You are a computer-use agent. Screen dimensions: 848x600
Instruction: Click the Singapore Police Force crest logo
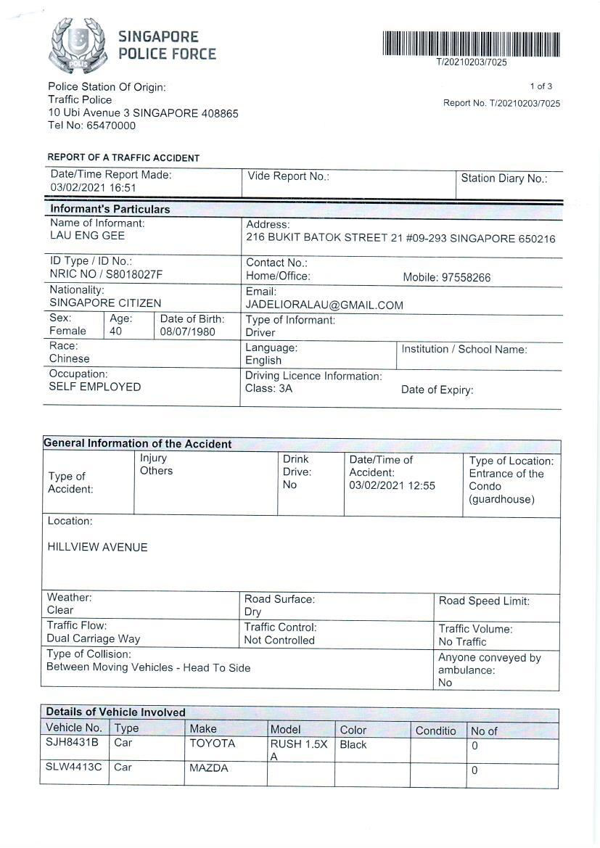(77, 45)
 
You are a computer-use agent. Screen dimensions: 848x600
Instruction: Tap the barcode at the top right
(471, 44)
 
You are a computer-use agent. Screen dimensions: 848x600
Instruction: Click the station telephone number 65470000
(111, 125)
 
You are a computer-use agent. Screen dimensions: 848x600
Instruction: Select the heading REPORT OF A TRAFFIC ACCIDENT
(123, 157)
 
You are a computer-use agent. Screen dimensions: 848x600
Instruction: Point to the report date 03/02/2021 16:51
(93, 188)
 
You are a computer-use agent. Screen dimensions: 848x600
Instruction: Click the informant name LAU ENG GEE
(87, 236)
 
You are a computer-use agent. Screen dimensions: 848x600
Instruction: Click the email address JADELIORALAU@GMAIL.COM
(324, 305)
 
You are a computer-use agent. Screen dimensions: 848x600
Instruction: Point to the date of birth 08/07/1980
(188, 332)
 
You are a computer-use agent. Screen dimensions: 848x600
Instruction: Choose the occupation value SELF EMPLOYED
(95, 387)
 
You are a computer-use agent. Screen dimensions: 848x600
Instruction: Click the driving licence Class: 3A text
(268, 390)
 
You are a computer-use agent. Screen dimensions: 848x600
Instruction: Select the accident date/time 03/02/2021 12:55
(392, 485)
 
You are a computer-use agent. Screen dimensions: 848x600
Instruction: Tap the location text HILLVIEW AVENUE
(97, 547)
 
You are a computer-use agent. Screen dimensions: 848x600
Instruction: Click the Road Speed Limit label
(484, 601)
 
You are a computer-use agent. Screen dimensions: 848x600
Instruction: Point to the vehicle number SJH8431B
(72, 744)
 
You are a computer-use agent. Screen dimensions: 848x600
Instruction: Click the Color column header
(353, 730)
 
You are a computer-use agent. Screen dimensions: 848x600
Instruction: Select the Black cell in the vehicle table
(353, 745)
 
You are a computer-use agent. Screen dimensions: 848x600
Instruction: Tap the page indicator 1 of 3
(541, 86)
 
